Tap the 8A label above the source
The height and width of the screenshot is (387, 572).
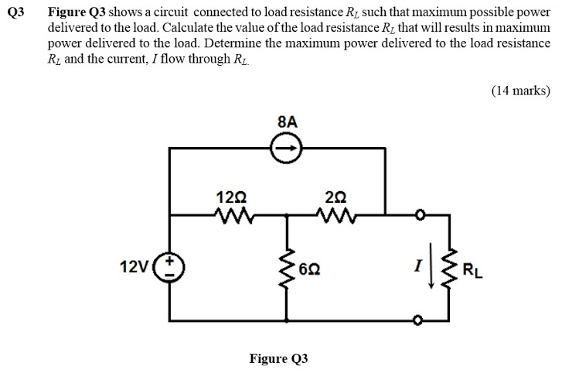[286, 122]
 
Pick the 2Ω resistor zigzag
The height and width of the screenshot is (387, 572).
[337, 213]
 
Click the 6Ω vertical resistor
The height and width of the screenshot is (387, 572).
[287, 268]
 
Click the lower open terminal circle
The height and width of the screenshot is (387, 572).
[418, 320]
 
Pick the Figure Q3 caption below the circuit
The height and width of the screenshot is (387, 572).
[278, 358]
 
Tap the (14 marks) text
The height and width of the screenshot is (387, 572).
[520, 91]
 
